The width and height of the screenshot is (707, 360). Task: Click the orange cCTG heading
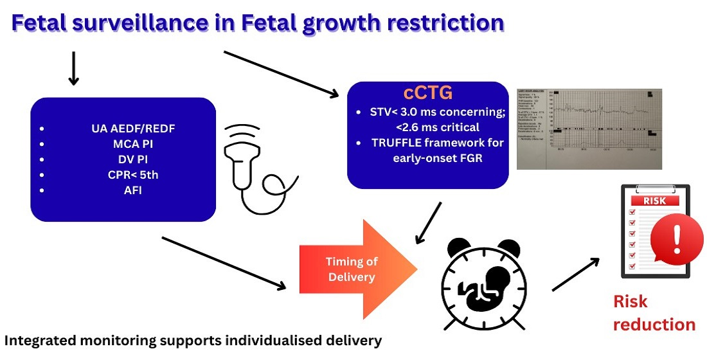coord(427,92)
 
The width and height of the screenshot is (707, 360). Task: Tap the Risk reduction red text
coord(654,313)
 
